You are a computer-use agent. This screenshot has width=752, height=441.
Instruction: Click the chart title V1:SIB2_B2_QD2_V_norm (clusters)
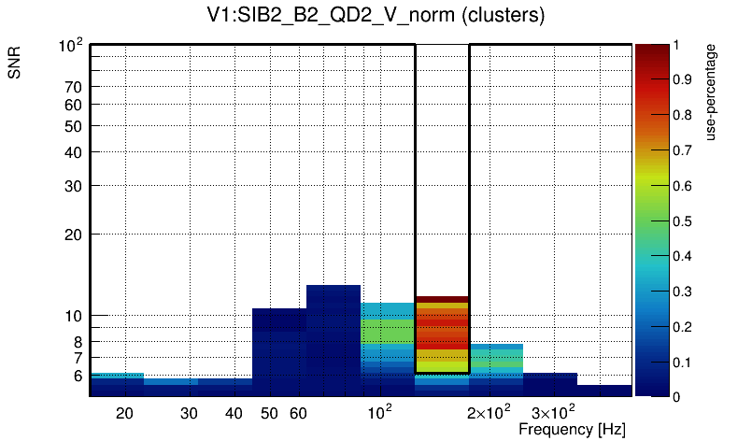coord(376,16)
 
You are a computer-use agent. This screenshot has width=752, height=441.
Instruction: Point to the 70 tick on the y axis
coord(74,87)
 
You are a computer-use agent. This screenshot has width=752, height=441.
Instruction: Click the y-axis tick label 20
coord(74,235)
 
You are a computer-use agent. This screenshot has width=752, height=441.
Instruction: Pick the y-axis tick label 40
coord(74,152)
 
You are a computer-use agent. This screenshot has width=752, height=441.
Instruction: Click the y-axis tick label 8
coord(78,342)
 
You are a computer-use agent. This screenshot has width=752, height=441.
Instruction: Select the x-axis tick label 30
coord(189,413)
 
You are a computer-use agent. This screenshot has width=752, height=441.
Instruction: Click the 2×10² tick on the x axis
coord(489,412)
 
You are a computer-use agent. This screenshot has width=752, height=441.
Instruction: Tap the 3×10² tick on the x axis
coord(552,412)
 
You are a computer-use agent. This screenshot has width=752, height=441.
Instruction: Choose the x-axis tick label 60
coord(298,413)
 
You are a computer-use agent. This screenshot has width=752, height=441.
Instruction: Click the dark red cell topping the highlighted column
coord(442,299)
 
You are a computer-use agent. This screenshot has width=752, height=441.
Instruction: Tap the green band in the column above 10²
coord(388,332)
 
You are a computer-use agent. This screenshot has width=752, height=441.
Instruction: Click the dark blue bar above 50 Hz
coord(279,350)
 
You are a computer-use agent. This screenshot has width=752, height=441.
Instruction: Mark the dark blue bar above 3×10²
coord(550,384)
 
